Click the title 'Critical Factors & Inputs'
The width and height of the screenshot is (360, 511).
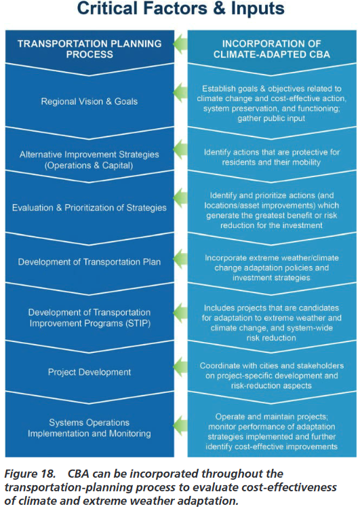pos(180,8)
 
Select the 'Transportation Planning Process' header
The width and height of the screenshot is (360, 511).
pos(89,49)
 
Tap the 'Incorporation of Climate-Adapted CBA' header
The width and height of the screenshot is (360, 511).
pos(271,49)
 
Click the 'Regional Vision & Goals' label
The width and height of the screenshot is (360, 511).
pos(89,101)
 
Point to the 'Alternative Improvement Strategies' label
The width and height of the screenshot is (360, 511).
pos(89,155)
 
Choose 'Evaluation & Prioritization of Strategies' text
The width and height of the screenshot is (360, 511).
pos(89,208)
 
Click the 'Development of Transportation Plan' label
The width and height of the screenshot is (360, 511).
pos(89,262)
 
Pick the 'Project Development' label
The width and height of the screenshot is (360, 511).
pos(89,372)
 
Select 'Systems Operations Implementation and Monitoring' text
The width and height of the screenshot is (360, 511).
pos(89,428)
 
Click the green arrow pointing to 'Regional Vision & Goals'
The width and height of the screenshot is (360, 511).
pos(180,92)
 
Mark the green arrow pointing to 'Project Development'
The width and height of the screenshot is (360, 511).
pos(180,366)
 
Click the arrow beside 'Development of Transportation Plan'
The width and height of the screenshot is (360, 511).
pos(180,259)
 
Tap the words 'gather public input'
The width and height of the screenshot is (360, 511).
pos(271,118)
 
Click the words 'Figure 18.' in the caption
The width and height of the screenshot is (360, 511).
pos(30,474)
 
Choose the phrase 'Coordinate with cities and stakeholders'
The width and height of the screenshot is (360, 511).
pos(271,366)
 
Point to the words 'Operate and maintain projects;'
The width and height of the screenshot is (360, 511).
pos(271,417)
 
